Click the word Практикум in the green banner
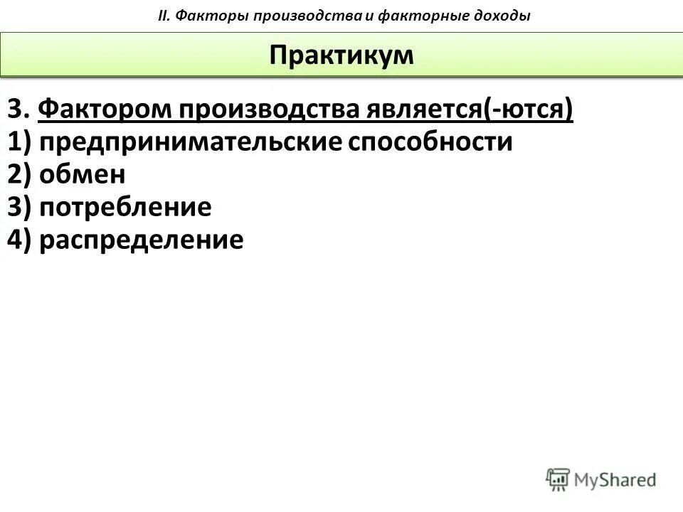pos(341,55)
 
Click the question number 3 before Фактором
pos(16,111)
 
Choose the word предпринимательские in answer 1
pos(191,143)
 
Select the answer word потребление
pos(125,208)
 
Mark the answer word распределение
pos(142,240)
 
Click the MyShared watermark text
pos(615,479)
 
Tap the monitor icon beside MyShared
pos(558,478)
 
